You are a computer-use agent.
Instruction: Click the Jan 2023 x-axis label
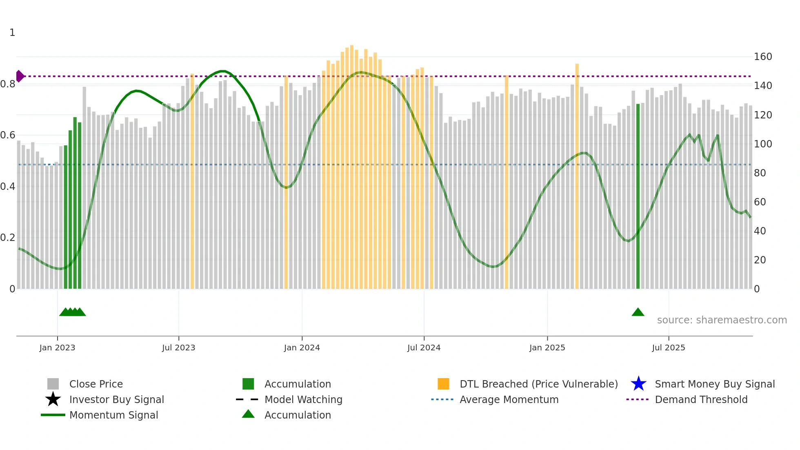pyautogui.click(x=57, y=348)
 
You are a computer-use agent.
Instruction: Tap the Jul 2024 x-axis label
pyautogui.click(x=424, y=348)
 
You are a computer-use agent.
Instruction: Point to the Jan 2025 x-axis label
pyautogui.click(x=547, y=348)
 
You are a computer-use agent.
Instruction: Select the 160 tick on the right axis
pyautogui.click(x=762, y=57)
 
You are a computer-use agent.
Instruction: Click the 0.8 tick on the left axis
pyautogui.click(x=8, y=84)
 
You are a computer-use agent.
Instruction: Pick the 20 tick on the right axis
pyautogui.click(x=760, y=260)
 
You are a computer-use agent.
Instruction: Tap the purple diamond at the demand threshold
pyautogui.click(x=20, y=76)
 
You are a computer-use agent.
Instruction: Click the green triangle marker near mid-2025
pyautogui.click(x=638, y=312)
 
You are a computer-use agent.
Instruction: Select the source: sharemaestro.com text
pyautogui.click(x=722, y=320)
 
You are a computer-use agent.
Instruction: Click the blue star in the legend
pyautogui.click(x=638, y=384)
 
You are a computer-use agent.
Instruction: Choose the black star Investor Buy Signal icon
pyautogui.click(x=53, y=399)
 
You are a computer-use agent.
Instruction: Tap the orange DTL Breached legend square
pyautogui.click(x=443, y=384)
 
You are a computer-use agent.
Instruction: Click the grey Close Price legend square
pyautogui.click(x=53, y=384)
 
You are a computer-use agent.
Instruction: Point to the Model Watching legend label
pyautogui.click(x=303, y=399)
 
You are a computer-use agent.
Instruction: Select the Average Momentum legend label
pyautogui.click(x=509, y=399)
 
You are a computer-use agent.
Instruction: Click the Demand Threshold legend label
pyautogui.click(x=701, y=399)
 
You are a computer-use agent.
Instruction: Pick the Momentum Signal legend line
pyautogui.click(x=53, y=415)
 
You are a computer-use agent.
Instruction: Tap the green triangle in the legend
pyautogui.click(x=248, y=414)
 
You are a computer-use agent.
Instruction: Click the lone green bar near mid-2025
pyautogui.click(x=638, y=196)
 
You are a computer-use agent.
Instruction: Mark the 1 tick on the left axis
pyautogui.click(x=12, y=33)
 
